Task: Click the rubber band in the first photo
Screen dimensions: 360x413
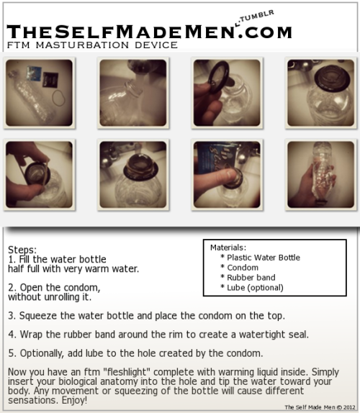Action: coord(58,98)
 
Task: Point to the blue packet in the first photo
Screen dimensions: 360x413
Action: coord(34,73)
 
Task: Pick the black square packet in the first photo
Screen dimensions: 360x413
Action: coord(50,79)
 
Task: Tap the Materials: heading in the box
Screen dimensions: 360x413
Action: coord(228,248)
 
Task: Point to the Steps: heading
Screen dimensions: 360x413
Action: coord(22,250)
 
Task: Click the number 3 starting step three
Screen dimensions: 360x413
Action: coord(11,316)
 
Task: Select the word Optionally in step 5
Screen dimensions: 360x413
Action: coord(42,353)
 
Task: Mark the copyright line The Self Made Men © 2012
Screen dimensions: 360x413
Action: coord(320,407)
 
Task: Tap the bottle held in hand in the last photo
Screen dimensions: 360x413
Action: coord(322,173)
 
